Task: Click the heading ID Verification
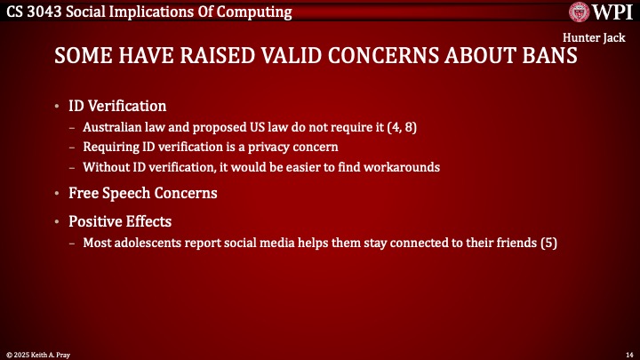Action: [x=117, y=107]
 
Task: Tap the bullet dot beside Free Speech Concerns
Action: [x=59, y=193]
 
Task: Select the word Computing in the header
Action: [x=258, y=12]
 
